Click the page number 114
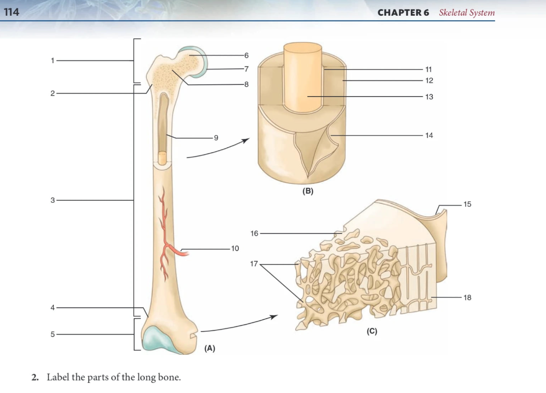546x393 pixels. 11,12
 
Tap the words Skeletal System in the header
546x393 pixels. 466,13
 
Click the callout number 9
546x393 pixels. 216,137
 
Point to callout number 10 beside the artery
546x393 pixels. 234,249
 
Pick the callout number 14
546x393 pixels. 429,135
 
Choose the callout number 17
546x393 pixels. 254,264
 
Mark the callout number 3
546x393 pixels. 52,200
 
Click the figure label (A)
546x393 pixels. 209,348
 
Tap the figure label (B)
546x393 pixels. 308,192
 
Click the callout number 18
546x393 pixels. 467,297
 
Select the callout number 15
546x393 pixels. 467,204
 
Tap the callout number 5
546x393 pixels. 52,334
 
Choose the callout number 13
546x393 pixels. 429,97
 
